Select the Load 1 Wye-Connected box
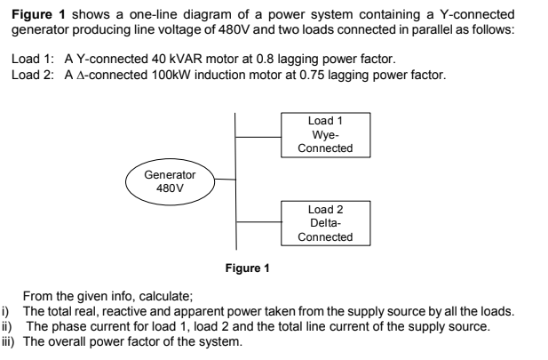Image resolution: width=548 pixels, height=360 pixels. (x=326, y=134)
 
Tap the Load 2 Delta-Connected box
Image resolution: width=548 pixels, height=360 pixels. (x=326, y=223)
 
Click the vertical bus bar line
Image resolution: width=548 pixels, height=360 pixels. (x=236, y=178)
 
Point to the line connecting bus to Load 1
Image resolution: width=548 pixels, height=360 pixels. (x=258, y=137)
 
